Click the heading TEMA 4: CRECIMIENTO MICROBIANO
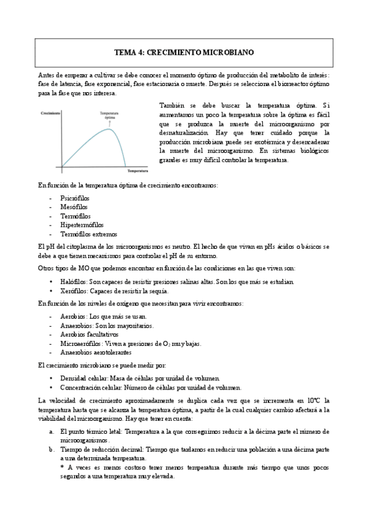pos(184,53)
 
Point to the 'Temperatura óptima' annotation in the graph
pos(109,116)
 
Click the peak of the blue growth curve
pos(110,127)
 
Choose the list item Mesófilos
pos(74,208)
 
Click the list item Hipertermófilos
pos(82,225)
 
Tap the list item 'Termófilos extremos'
pos(88,234)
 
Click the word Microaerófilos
pos(80,343)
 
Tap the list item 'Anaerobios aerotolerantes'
pos(96,353)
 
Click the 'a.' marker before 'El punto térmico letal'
pos(52,431)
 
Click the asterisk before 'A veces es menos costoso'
pos(62,468)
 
